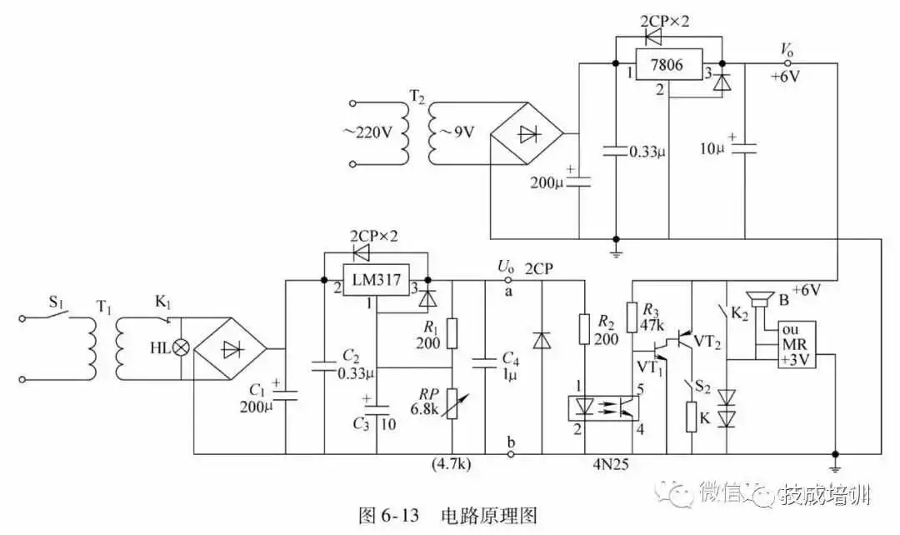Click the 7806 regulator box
(x=667, y=64)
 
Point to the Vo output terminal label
(x=786, y=49)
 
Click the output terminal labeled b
(x=509, y=442)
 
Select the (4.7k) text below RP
(x=451, y=464)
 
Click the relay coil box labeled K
(x=691, y=417)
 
